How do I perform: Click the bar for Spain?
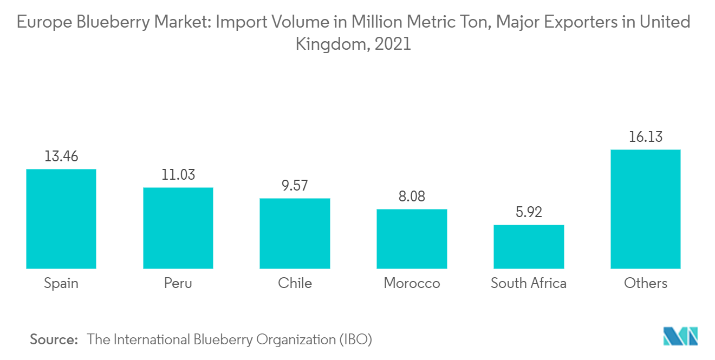pos(61,219)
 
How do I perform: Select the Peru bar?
pos(178,228)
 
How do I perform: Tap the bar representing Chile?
pos(295,233)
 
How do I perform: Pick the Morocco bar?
pos(412,239)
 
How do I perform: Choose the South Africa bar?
pos(529,246)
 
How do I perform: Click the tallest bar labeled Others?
pos(645,209)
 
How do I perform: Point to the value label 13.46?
pos(61,156)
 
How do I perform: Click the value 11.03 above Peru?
pos(178,175)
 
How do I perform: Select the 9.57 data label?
pos(295,186)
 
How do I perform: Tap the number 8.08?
pos(412,197)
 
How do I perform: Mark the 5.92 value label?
pos(529,212)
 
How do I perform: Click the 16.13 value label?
pos(645,137)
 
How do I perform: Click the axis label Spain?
pos(61,283)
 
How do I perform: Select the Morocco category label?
pos(412,283)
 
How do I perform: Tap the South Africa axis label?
pos(529,283)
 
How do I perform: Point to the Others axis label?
pos(645,283)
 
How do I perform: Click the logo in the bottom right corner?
pos(681,336)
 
